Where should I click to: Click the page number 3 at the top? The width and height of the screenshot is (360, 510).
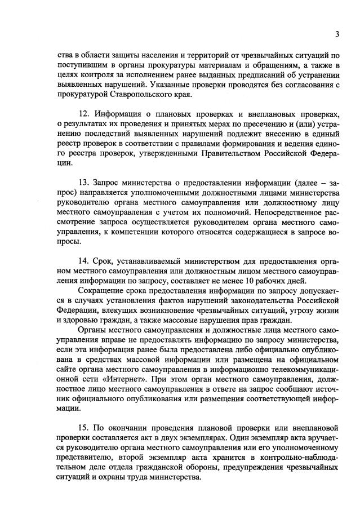coord(336,34)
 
